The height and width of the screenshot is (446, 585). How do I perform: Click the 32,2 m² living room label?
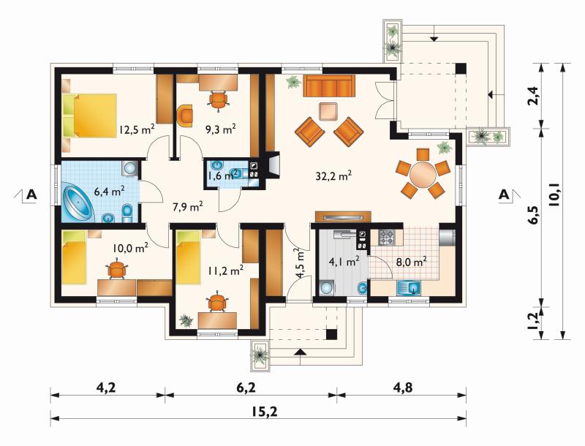point(334,175)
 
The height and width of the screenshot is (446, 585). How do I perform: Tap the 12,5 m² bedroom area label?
point(137,129)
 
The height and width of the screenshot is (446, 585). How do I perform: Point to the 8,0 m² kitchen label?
point(411,262)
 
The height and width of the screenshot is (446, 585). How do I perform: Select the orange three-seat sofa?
point(329,86)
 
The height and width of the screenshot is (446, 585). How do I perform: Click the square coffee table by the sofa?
point(328,111)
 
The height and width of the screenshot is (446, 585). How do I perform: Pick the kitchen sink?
point(409,287)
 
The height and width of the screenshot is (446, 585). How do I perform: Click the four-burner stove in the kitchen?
point(387,237)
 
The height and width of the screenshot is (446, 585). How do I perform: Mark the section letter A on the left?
point(31,194)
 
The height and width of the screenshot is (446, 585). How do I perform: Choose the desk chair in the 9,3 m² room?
point(218,100)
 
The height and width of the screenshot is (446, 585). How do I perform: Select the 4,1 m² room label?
point(344,261)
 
